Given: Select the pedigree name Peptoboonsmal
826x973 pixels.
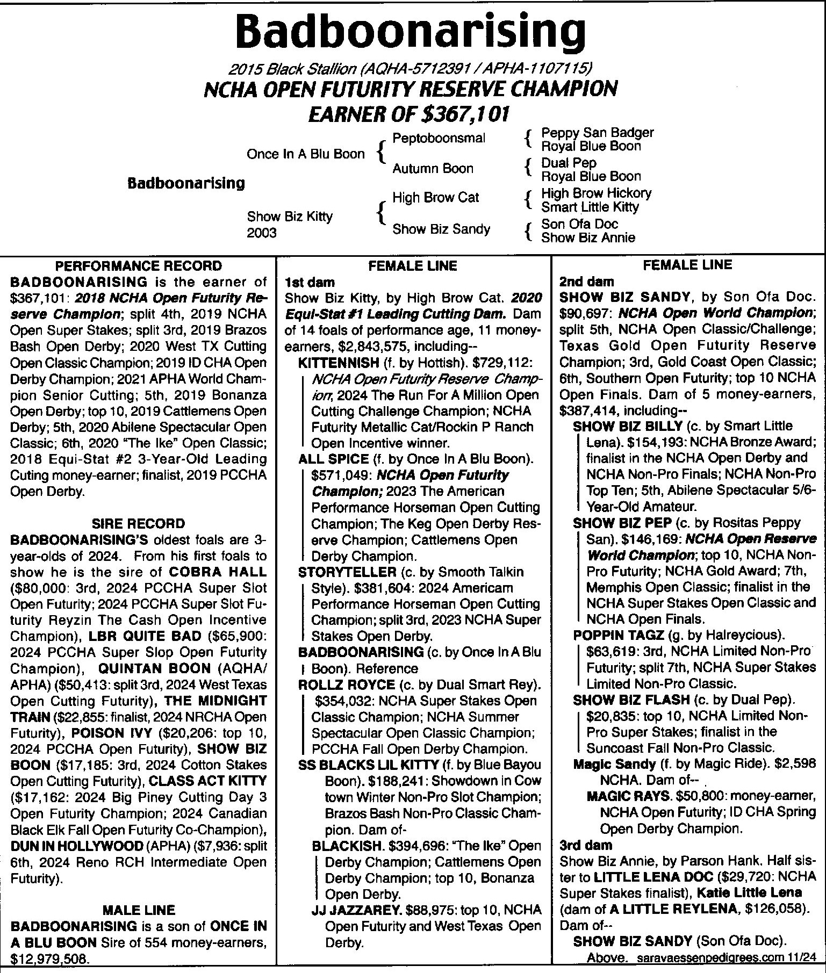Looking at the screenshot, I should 439,138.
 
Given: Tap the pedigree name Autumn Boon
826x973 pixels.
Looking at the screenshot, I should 433,169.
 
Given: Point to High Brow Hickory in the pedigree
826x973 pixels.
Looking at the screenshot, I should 596,193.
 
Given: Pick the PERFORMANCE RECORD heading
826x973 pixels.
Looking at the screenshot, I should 139,265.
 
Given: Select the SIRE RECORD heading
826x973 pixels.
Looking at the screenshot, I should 139,523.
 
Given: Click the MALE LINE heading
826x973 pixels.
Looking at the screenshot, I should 139,910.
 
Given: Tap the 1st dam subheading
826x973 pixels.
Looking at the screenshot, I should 310,282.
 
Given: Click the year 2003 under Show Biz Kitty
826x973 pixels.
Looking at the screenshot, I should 262,233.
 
